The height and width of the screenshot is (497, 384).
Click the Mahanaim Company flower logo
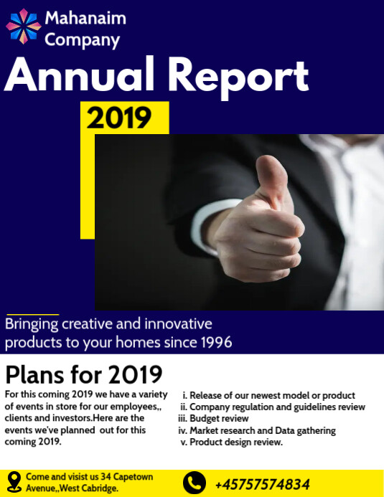(24, 26)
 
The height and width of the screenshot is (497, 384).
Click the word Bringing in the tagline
(32, 324)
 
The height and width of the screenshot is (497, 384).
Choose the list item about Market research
(262, 431)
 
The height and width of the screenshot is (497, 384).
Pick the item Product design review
(236, 442)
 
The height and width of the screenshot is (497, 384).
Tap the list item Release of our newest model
(272, 395)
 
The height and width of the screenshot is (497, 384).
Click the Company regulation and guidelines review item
(277, 407)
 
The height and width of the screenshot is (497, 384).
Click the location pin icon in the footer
(14, 481)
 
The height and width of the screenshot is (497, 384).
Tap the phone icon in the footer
(194, 483)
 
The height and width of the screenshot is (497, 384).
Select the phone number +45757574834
(262, 483)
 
